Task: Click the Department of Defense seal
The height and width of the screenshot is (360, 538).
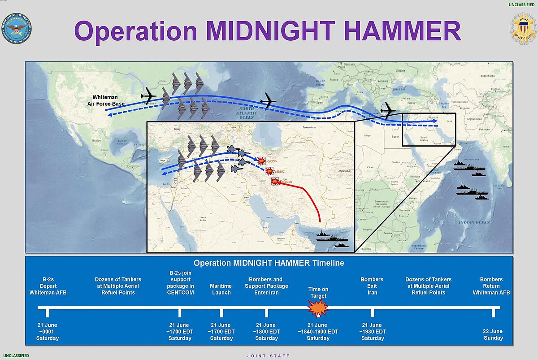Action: (x=17, y=28)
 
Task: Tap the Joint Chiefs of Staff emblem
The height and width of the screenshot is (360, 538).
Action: (x=523, y=29)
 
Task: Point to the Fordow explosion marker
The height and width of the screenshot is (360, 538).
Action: (x=261, y=160)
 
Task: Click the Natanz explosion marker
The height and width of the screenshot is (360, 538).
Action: (x=269, y=171)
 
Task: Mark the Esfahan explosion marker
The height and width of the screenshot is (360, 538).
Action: (x=274, y=181)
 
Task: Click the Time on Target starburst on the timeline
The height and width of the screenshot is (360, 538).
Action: (x=318, y=308)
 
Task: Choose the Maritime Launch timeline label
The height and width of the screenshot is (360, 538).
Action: (x=221, y=289)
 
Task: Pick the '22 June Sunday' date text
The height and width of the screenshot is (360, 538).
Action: (x=493, y=334)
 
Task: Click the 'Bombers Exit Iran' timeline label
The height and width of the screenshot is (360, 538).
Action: (x=372, y=286)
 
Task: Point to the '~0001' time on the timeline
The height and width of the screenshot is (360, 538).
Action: (x=48, y=332)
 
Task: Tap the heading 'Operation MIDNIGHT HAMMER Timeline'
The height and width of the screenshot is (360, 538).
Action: (x=269, y=263)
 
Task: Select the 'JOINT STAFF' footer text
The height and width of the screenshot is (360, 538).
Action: (x=269, y=356)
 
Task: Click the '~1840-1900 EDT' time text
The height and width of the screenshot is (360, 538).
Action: (x=318, y=332)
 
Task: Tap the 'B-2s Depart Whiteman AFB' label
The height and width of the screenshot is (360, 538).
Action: (x=48, y=286)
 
